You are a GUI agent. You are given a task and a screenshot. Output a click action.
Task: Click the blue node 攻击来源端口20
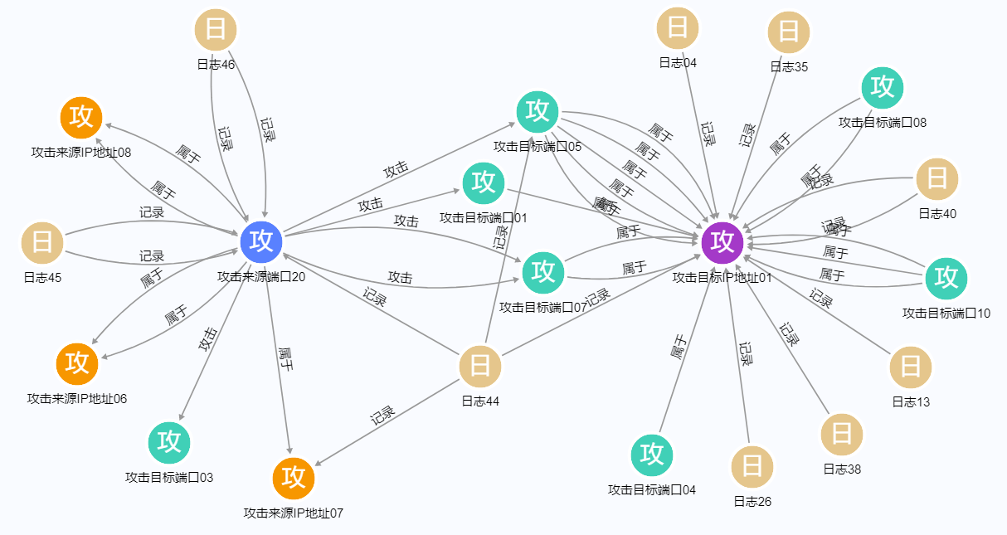click(x=262, y=241)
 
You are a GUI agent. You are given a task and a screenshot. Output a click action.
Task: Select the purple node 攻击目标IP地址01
click(x=722, y=241)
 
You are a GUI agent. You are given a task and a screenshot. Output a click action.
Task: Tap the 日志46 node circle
click(x=216, y=31)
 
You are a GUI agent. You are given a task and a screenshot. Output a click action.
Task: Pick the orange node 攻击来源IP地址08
click(x=81, y=117)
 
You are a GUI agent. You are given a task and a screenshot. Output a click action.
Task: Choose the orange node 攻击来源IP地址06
click(x=77, y=363)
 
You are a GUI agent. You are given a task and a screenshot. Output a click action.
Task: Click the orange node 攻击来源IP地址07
click(x=294, y=478)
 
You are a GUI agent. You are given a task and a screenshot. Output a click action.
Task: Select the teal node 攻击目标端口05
click(x=538, y=111)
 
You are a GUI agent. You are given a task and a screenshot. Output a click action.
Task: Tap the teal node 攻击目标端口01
click(x=484, y=182)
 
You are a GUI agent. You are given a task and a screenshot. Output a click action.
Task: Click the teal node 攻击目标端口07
click(x=543, y=271)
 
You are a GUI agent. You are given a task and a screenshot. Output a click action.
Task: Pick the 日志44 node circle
click(x=480, y=366)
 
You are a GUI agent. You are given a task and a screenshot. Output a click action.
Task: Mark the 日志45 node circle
click(x=41, y=243)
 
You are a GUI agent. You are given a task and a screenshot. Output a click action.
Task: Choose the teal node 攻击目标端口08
click(x=883, y=86)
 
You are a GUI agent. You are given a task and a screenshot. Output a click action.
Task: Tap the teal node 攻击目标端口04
click(x=652, y=455)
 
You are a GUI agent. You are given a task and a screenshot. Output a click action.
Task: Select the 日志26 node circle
click(x=752, y=465)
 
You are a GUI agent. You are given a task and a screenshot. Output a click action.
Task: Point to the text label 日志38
click(x=842, y=469)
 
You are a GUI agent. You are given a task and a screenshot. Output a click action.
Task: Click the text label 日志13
click(x=911, y=402)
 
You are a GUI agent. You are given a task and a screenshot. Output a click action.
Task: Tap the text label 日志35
click(x=789, y=67)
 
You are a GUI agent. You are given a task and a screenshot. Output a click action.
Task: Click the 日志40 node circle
click(x=937, y=178)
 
